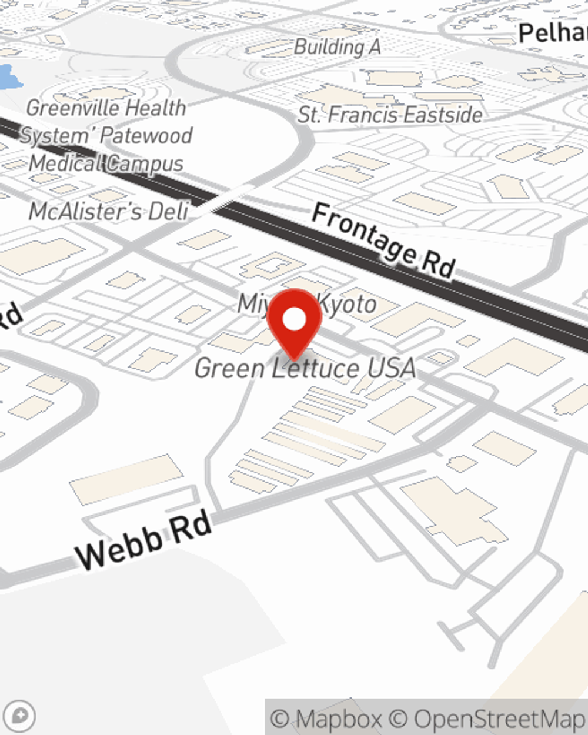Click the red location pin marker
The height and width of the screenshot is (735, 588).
point(294,323)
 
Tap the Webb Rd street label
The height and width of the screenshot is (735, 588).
point(144,540)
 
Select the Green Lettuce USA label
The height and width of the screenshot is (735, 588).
point(305,369)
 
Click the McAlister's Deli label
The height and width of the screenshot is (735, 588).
point(109,211)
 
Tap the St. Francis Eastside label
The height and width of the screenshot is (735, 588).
point(390,115)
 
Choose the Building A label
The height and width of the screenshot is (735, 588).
point(337,47)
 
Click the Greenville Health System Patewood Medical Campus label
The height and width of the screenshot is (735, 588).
point(106,136)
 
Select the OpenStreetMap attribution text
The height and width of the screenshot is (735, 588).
point(488,719)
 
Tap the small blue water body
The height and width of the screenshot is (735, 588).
point(8,77)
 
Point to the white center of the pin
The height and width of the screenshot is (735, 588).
point(294,320)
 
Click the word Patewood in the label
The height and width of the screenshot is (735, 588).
point(146,136)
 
